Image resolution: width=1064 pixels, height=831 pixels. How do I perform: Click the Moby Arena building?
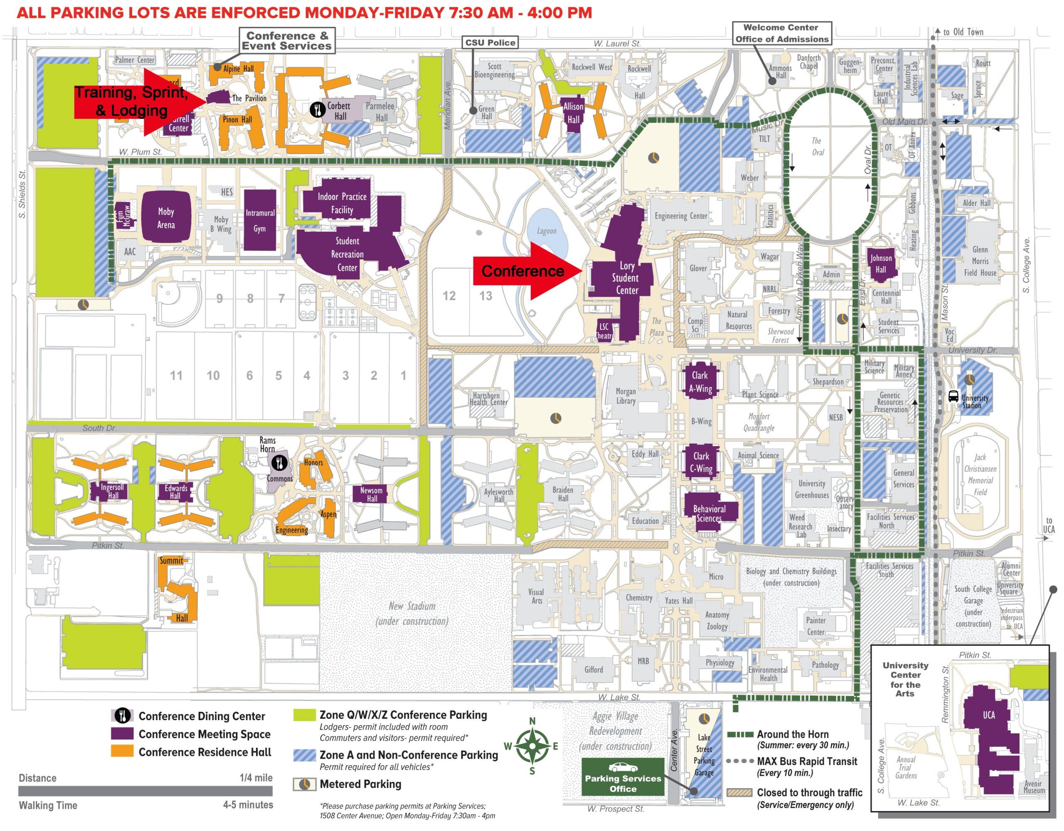[166, 218]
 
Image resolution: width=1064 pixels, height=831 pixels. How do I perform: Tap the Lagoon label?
[546, 231]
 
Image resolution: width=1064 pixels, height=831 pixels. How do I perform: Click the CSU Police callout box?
[490, 42]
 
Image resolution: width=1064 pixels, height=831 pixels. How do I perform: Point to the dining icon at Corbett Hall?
[318, 109]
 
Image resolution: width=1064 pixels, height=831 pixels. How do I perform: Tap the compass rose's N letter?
[532, 721]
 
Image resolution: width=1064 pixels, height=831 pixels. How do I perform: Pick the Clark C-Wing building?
[701, 462]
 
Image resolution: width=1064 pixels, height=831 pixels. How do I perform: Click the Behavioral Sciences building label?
[709, 514]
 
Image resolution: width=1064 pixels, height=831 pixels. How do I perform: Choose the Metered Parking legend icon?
[305, 784]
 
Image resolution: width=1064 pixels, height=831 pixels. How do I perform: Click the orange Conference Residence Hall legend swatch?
[122, 752]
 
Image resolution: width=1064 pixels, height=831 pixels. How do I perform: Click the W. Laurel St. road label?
[617, 43]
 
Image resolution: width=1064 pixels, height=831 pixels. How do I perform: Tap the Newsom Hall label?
[371, 494]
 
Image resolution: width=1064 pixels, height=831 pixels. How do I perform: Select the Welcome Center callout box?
[781, 33]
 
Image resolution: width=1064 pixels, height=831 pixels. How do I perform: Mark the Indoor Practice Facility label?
[342, 203]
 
